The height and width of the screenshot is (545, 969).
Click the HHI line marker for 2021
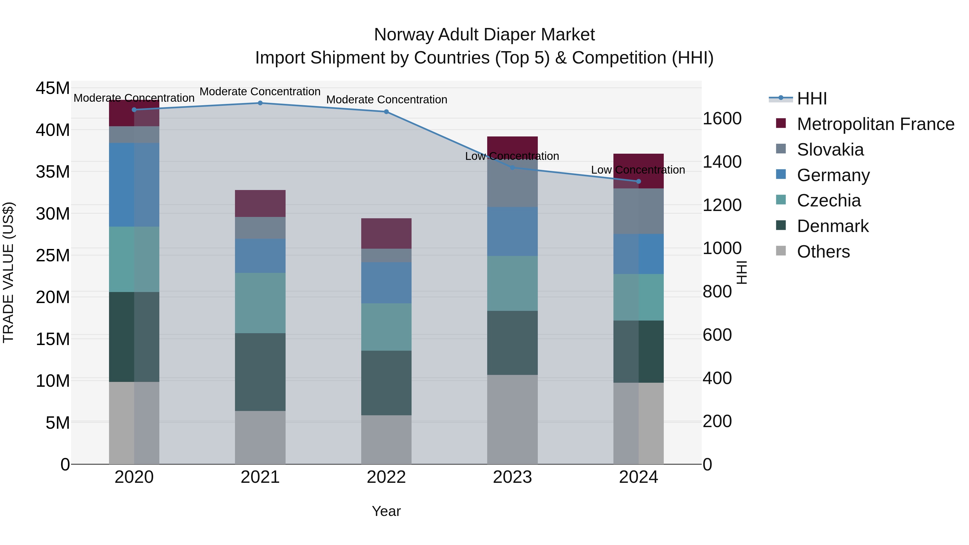260,103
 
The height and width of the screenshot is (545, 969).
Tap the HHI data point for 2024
638,182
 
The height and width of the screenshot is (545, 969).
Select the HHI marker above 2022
386,112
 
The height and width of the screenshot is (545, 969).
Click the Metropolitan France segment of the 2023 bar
512,145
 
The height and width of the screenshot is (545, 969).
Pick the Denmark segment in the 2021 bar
260,372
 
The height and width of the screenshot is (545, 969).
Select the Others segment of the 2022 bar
386,440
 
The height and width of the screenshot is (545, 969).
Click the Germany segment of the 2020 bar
134,185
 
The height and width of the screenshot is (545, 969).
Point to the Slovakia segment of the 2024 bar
638,211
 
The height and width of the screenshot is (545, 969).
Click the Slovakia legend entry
830,150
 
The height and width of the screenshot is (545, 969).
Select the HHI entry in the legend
812,99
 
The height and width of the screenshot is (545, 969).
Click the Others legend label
823,252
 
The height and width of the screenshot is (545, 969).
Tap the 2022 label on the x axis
386,478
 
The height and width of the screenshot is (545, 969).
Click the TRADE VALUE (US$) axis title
8,272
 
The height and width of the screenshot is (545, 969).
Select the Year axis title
386,512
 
